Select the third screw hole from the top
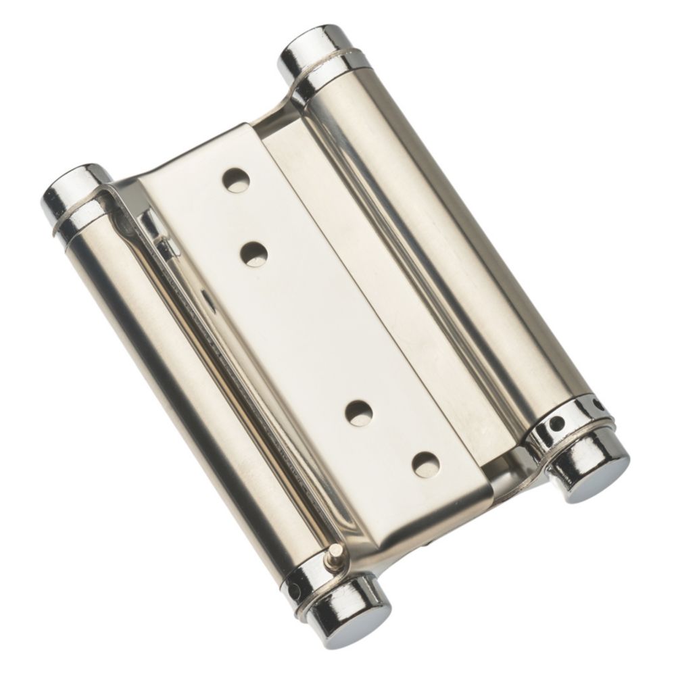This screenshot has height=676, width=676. pos(360,412)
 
